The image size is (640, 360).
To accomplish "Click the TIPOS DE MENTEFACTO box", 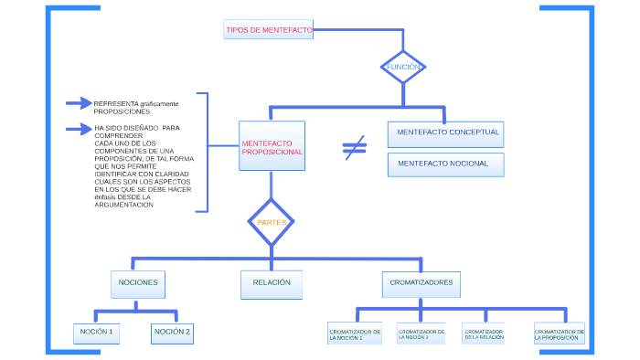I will point(269,30).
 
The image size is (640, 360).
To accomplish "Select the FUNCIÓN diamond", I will point(402,68).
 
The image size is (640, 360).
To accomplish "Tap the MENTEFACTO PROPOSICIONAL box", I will point(272,146).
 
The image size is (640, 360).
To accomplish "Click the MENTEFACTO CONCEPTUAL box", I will point(448,132).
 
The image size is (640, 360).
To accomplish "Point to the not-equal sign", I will point(354,146).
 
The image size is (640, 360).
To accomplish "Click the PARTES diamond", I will point(272,222).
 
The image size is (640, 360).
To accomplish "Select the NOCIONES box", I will point(138,283).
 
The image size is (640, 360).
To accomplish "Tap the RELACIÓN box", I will point(272,283).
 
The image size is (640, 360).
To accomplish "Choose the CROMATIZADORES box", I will point(421,284).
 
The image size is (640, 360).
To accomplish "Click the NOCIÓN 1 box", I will point(97,332).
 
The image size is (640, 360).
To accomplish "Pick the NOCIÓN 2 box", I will point(172,332).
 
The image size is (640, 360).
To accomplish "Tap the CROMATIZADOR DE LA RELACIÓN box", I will point(485,334).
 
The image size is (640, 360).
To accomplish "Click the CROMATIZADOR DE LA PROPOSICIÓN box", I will point(560,334).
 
